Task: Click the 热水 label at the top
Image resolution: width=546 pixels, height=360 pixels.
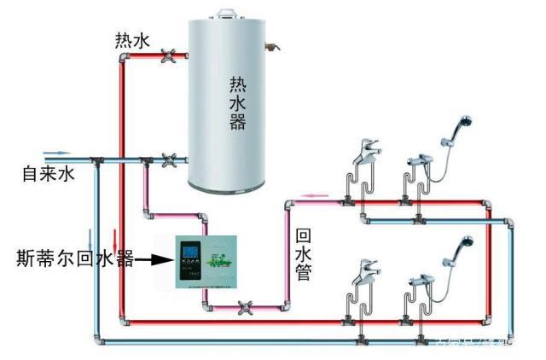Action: (x=131, y=40)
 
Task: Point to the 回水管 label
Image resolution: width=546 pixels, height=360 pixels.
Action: (x=302, y=254)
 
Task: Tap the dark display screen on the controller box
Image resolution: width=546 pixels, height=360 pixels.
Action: (x=188, y=255)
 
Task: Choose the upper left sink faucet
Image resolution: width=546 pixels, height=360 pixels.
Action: (x=365, y=148)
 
